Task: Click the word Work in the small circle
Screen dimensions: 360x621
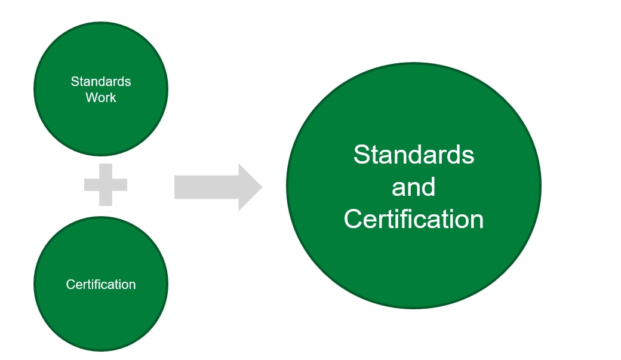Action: tap(101, 97)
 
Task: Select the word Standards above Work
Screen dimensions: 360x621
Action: tap(101, 81)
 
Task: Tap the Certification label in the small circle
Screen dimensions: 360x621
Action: tap(101, 284)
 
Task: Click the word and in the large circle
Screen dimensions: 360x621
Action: tap(413, 187)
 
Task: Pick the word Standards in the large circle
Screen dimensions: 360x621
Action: tap(413, 155)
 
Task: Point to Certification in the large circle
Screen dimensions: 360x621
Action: tap(413, 219)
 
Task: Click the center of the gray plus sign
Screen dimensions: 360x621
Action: tap(106, 184)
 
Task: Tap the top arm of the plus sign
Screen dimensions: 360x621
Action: tap(106, 169)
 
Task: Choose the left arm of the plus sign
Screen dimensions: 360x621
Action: tap(91, 184)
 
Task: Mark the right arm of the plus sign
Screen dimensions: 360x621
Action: tap(121, 184)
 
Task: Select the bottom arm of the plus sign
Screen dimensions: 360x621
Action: tap(106, 199)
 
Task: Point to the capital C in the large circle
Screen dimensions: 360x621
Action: tap(353, 219)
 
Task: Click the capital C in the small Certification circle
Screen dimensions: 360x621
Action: tap(70, 284)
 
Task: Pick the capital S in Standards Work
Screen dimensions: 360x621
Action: tap(75, 81)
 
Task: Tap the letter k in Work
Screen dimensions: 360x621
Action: tap(113, 97)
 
